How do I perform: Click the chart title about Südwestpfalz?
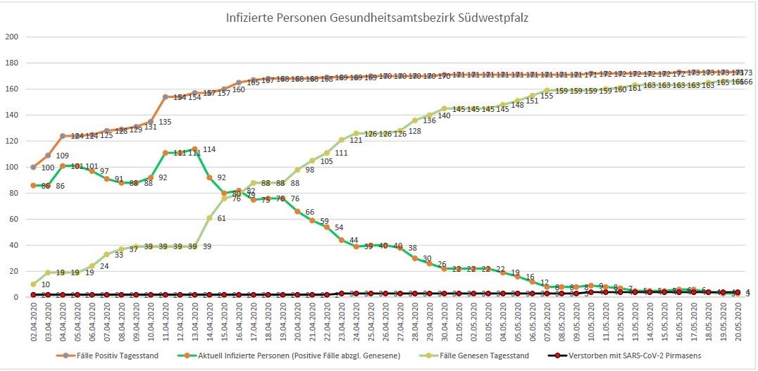click(378, 18)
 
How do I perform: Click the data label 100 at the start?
click(46, 168)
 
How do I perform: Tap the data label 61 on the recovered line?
click(221, 218)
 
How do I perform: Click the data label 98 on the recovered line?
click(309, 170)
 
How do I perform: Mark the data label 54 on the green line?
click(339, 227)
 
